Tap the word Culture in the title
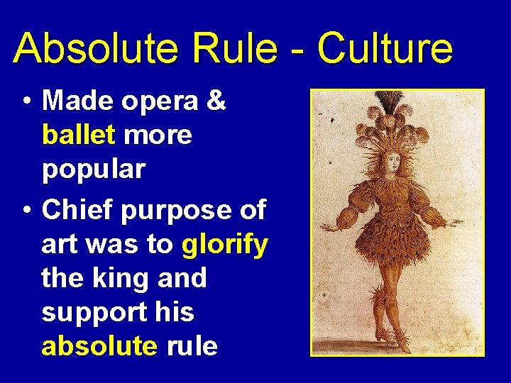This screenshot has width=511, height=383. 385,49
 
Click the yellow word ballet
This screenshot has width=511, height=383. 78,135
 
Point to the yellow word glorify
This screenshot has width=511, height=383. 225,244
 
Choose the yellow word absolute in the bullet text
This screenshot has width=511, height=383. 99,345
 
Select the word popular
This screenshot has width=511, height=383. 94,170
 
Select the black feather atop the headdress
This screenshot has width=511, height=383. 388,102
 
